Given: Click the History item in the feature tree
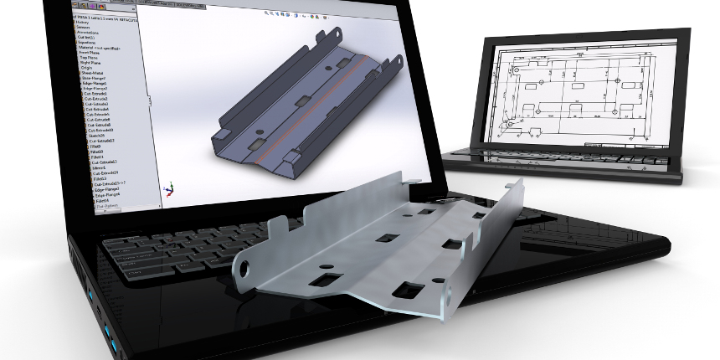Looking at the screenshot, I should pyautogui.click(x=81, y=22).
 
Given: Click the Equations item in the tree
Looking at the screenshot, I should pyautogui.click(x=85, y=44).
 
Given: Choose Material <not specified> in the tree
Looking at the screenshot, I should pyautogui.click(x=96, y=49).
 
